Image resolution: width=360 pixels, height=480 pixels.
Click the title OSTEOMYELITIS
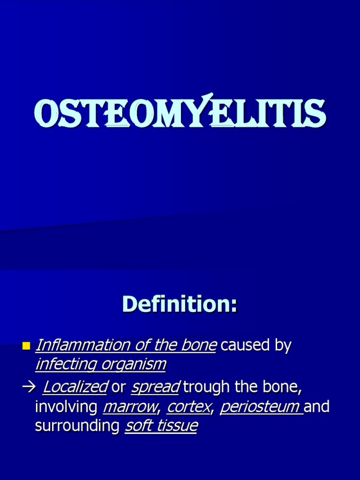tap(180, 113)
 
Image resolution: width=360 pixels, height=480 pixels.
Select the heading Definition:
tap(180, 304)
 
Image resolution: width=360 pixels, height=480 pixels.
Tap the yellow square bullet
tap(26, 346)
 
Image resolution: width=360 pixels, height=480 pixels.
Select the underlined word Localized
tap(75, 388)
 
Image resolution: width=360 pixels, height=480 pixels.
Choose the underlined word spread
tap(156, 388)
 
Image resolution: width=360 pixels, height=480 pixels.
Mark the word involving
tap(66, 407)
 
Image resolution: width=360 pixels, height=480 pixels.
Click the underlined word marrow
tap(130, 407)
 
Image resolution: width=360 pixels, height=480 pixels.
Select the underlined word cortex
tap(188, 407)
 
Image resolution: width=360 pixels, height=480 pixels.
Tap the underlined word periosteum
tap(260, 407)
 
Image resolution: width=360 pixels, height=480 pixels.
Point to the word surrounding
tap(77, 426)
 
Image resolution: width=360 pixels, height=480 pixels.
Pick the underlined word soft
tap(140, 426)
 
